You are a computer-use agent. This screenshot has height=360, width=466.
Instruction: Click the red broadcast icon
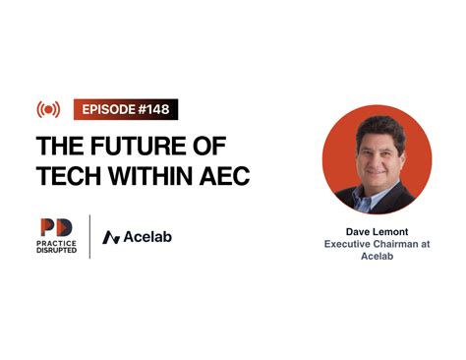coord(49,109)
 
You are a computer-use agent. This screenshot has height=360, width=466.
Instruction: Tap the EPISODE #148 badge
coord(125,109)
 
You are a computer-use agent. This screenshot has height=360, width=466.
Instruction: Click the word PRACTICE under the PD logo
coord(56,245)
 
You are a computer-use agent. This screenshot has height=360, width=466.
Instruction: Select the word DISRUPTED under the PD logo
coord(56,253)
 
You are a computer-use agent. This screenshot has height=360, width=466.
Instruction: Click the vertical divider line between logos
coord(91,236)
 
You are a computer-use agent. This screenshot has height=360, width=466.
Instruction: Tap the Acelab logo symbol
coord(111,237)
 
